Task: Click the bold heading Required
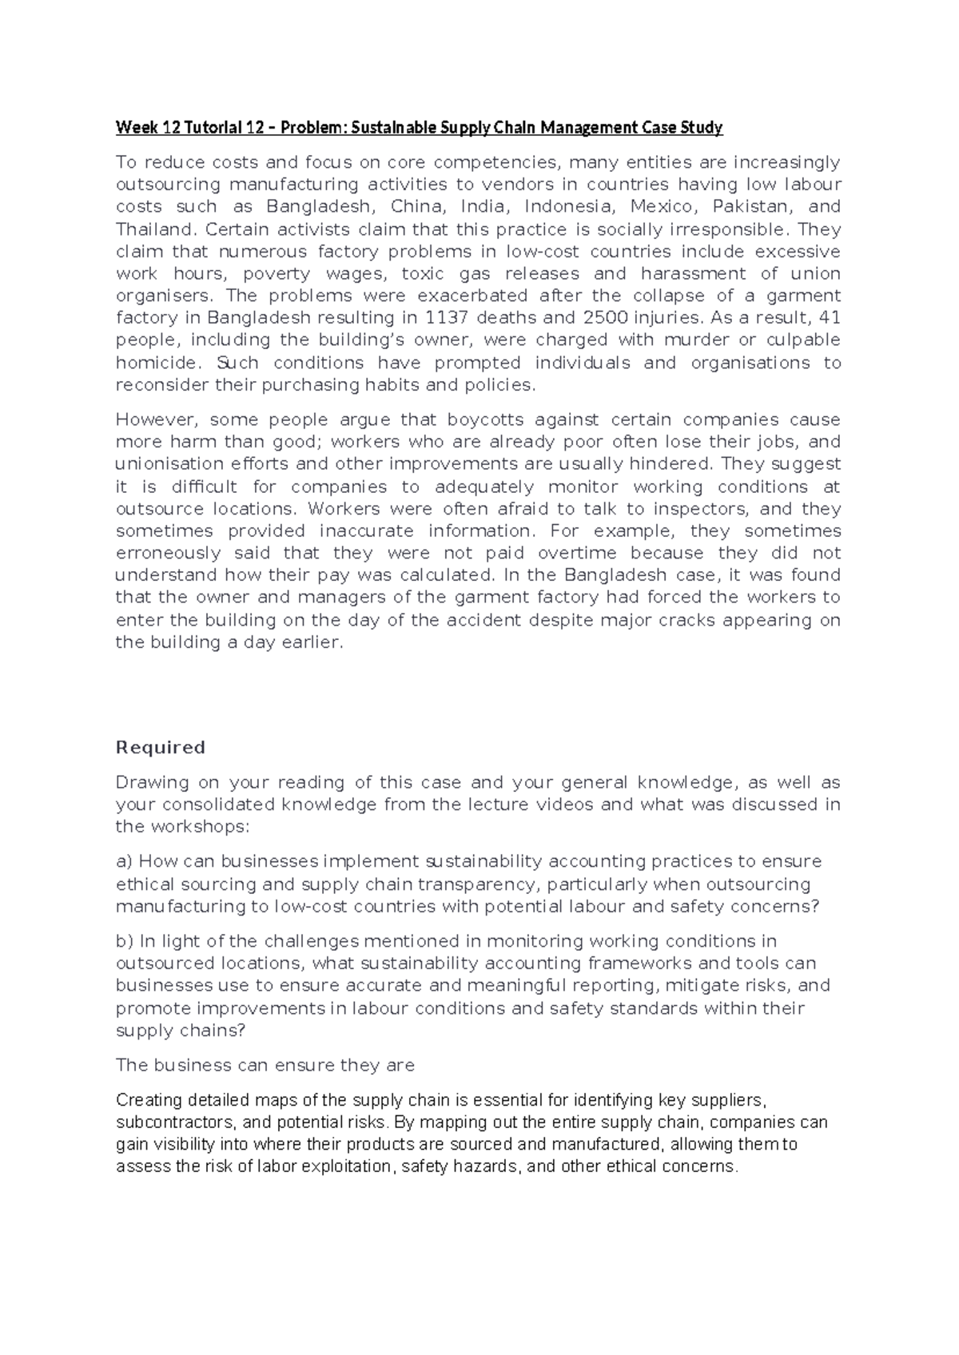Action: click(x=161, y=748)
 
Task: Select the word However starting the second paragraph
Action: click(x=153, y=420)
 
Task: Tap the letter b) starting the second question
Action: click(x=125, y=941)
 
